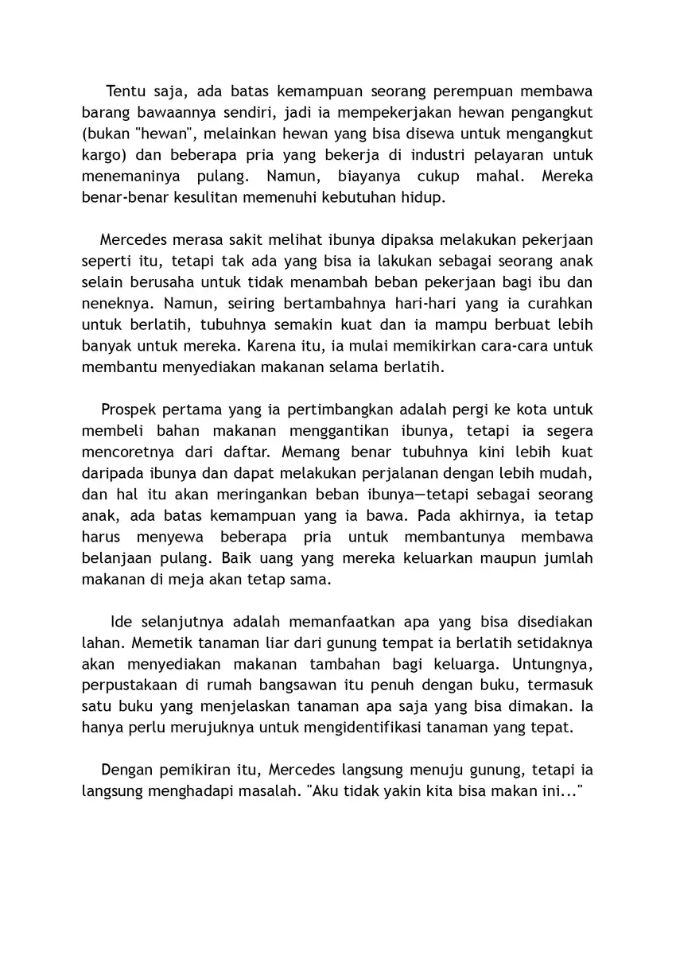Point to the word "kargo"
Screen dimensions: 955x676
101,153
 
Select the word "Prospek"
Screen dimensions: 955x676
129,411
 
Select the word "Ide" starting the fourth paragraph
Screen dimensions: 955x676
119,622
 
